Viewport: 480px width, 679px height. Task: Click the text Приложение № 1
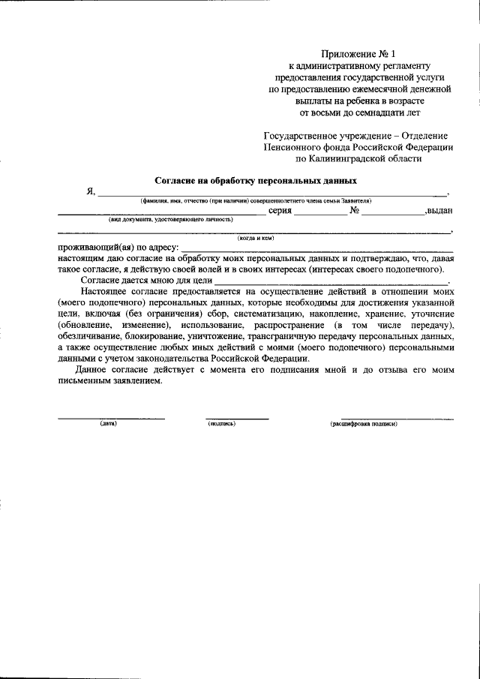(357, 53)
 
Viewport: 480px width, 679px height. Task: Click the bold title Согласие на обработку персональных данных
(256, 181)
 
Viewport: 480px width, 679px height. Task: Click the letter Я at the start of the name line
(90, 192)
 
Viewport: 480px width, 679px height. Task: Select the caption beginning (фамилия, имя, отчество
(255, 201)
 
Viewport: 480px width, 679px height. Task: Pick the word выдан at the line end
(439, 211)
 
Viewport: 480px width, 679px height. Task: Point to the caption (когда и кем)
(256, 239)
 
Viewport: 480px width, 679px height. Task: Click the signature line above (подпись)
(237, 418)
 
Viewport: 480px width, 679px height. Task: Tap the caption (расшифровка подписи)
(364, 424)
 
